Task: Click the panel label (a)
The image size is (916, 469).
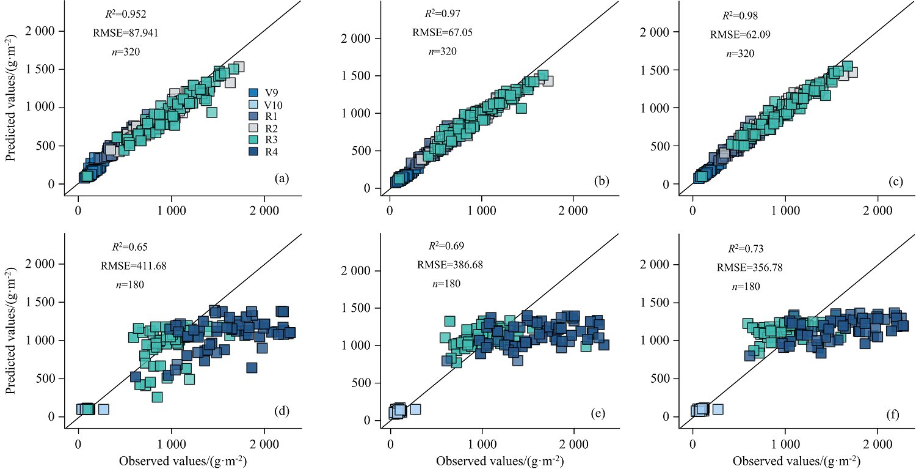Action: click(x=282, y=179)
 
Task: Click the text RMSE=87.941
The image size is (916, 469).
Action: click(x=124, y=32)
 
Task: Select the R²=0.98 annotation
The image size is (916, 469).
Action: click(x=740, y=15)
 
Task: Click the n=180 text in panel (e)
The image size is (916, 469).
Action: click(x=446, y=284)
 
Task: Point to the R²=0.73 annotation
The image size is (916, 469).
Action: click(x=746, y=249)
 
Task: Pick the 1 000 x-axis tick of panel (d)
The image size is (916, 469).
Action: click(x=172, y=441)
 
